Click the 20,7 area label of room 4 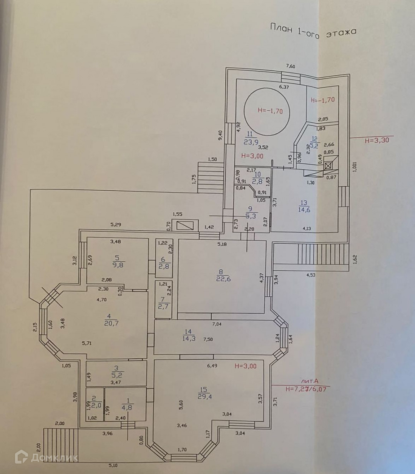point(111,323)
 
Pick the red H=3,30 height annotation point(377,140)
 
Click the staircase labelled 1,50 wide point(210,177)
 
